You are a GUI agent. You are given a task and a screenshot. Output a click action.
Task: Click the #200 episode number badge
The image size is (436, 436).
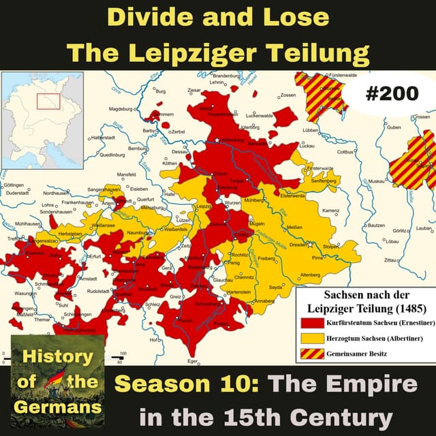pyautogui.click(x=391, y=94)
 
